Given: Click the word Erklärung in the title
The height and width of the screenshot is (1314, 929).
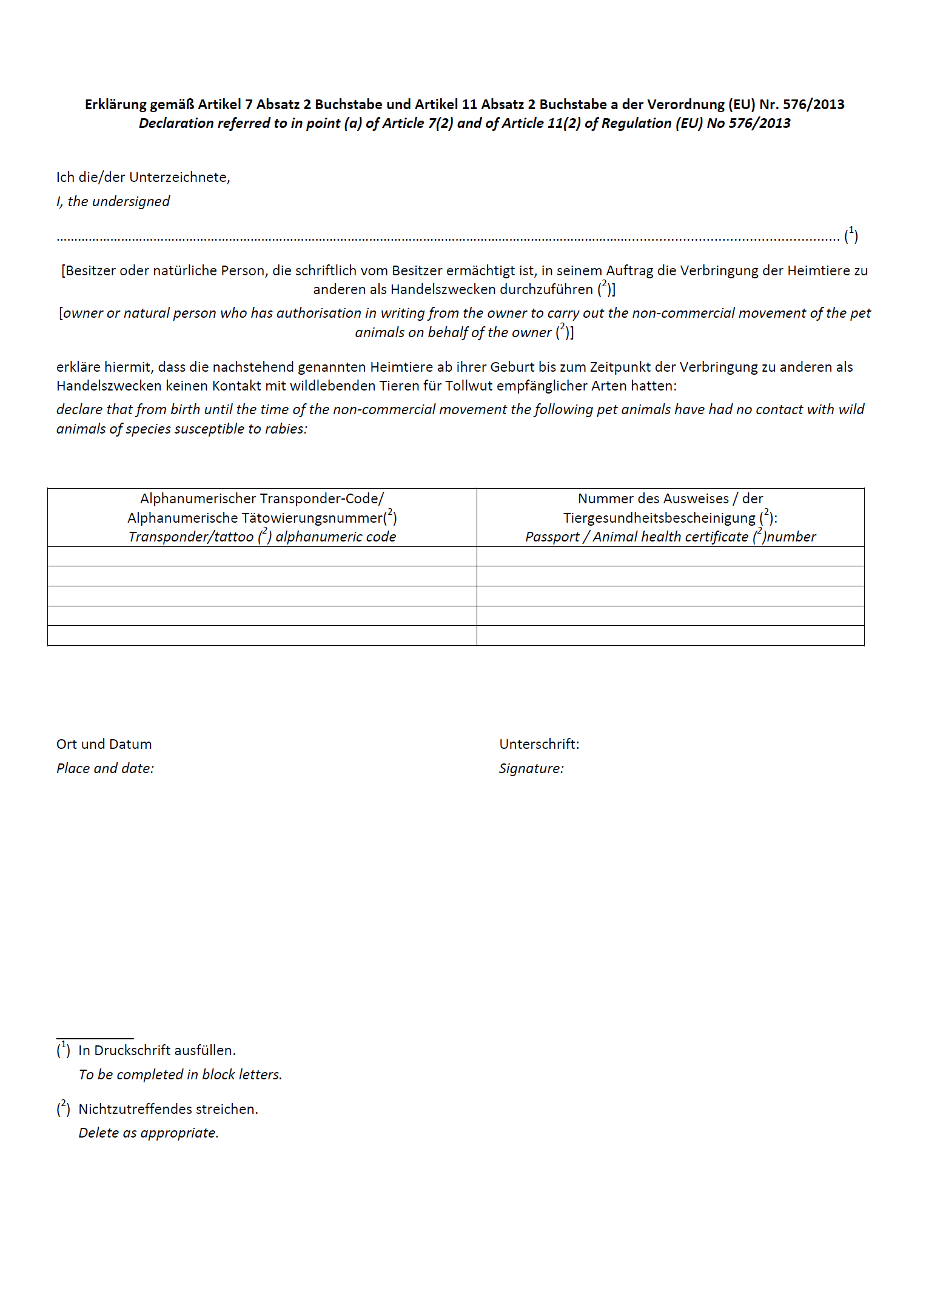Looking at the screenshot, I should (115, 104).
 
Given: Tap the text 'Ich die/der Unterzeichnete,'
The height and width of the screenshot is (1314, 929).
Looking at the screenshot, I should (143, 177).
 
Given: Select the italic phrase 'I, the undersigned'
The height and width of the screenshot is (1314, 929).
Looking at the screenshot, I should (113, 201).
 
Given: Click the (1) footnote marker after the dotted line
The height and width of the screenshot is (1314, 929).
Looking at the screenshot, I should (851, 235).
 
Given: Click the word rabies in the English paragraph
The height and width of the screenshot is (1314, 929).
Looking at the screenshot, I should (284, 429).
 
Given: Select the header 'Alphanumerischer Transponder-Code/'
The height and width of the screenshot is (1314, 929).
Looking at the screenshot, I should (262, 498).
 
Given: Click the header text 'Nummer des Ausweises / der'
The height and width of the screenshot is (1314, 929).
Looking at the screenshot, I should (670, 498).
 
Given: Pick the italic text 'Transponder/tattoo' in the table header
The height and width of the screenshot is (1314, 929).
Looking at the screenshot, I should (191, 537).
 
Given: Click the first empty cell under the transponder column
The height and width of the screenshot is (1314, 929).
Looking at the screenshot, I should (262, 557).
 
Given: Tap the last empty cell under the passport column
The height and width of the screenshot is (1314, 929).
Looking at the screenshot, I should (670, 635).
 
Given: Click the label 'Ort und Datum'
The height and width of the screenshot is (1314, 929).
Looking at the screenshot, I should (104, 744).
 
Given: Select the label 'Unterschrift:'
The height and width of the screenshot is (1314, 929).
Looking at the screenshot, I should (539, 744).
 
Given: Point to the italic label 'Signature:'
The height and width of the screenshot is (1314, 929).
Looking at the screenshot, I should (531, 768).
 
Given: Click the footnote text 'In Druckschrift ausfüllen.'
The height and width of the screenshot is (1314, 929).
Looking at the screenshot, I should (157, 1050).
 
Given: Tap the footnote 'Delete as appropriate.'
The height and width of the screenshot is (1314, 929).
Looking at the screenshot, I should (149, 1133).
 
